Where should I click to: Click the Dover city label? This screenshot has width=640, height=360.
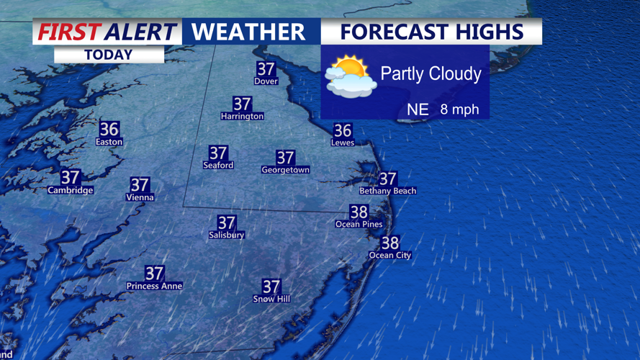coord(266,81)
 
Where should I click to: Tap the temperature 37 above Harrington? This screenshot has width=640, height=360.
coord(242,104)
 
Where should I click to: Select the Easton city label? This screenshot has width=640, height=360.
coord(109,142)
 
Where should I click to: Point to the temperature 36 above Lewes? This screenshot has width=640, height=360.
coord(343,130)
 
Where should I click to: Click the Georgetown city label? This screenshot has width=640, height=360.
coord(285,170)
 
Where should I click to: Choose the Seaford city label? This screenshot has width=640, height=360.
coord(218,165)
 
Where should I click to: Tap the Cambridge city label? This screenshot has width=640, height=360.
coord(70,190)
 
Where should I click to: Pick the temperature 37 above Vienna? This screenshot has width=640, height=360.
coord(140,185)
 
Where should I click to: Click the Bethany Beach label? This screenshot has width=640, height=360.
coord(387,191)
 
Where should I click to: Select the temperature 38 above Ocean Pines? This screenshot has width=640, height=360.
coord(359,212)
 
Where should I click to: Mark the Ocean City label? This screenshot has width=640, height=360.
coord(389,255)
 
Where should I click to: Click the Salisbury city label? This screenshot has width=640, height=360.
coord(227,235)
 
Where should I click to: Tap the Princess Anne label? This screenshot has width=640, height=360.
coord(154,286)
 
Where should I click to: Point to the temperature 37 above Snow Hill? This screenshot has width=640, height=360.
coord(271,287)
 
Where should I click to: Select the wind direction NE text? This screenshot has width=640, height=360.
coord(418,109)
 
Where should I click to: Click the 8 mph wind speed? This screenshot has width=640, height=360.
coord(459,109)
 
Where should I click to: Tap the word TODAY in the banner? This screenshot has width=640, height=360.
coord(108,55)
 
